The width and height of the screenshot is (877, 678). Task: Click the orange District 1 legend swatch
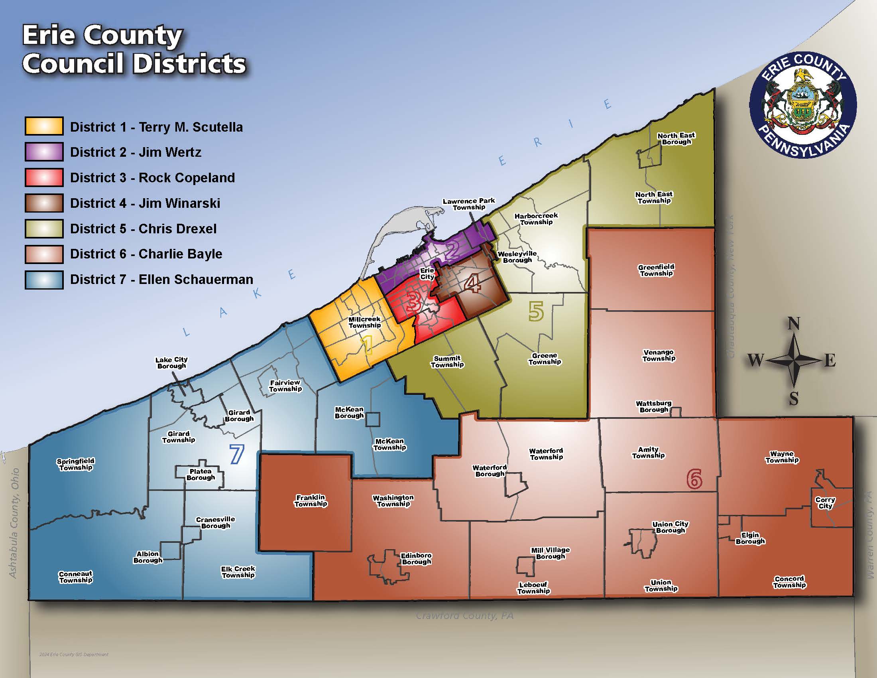point(44,126)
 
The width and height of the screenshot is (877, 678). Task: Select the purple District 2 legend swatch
point(44,152)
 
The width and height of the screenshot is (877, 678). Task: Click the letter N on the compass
point(793,324)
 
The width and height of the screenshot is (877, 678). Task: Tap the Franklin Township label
point(311,501)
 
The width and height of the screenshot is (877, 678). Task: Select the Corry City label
point(825,503)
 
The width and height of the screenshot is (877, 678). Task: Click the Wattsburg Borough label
point(654,406)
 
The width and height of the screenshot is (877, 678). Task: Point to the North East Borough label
point(676,138)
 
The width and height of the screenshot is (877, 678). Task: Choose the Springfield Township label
point(75,464)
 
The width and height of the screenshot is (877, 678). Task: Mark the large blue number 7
point(236,454)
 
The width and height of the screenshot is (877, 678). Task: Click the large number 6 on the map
point(694,478)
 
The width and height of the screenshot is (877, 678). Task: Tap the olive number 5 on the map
point(536,311)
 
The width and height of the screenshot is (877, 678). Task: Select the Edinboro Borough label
point(416,558)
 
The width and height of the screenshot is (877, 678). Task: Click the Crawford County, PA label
point(464,615)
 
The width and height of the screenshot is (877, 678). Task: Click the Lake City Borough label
point(171,363)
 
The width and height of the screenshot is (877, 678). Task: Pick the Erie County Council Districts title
point(134,50)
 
